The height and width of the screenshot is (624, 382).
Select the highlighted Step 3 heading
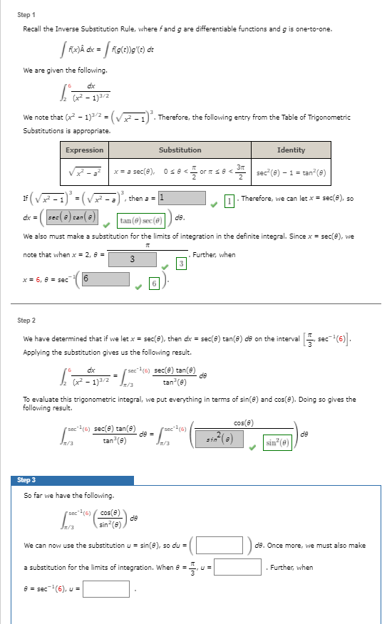click(x=27, y=480)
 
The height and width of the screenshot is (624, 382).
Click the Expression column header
click(x=85, y=150)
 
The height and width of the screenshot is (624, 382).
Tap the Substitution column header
click(x=180, y=150)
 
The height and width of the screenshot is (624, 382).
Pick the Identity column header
click(x=291, y=150)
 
